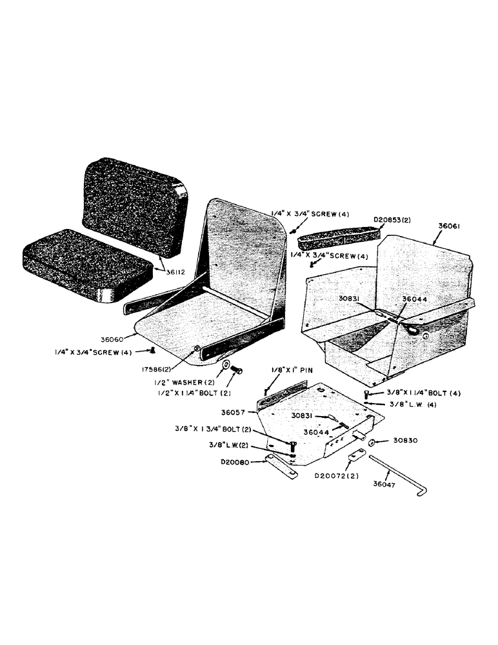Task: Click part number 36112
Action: click(x=174, y=272)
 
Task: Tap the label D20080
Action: click(x=232, y=462)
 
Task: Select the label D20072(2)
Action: click(x=337, y=476)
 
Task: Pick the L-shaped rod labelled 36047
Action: click(x=400, y=475)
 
